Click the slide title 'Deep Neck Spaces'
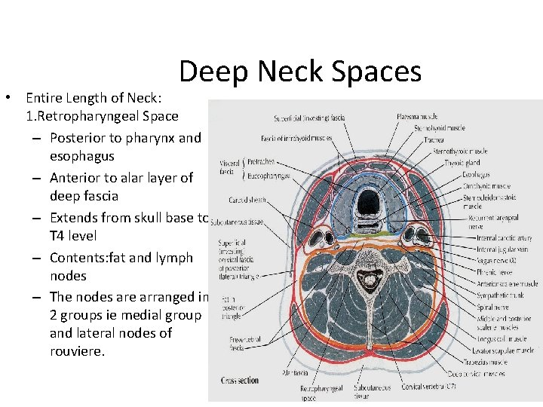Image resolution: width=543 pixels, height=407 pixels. point(300,72)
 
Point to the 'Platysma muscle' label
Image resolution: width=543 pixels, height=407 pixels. point(417,118)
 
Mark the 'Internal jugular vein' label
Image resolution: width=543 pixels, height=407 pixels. point(502,249)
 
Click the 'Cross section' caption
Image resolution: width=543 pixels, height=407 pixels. point(240,381)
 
